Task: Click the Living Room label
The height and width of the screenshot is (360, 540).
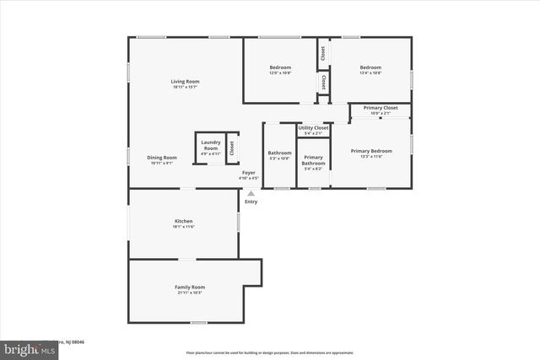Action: tap(186, 82)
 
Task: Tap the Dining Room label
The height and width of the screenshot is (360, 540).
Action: tap(162, 158)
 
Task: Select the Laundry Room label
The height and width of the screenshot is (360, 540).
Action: tap(210, 146)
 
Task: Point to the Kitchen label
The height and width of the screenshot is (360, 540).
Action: tap(183, 222)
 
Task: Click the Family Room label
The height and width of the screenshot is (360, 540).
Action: tap(190, 287)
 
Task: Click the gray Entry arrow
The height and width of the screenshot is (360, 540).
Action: tap(251, 194)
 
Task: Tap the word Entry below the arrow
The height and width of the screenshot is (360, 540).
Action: tap(251, 201)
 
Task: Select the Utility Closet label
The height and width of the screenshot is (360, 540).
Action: tap(313, 127)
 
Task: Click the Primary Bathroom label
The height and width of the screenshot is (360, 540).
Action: tap(313, 160)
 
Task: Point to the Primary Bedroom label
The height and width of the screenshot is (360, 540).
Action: tap(372, 151)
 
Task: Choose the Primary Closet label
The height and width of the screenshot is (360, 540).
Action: tap(381, 108)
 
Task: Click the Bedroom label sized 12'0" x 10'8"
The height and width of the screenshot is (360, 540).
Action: tap(280, 67)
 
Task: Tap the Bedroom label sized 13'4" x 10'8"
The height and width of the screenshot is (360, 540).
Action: tap(370, 67)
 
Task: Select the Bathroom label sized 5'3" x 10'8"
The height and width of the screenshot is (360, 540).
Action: tap(279, 153)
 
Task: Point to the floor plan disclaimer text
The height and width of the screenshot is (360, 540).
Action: tap(270, 352)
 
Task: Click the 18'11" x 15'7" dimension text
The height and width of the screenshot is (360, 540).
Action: tap(186, 87)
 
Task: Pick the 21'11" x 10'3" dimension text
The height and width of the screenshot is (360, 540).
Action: tap(190, 293)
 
